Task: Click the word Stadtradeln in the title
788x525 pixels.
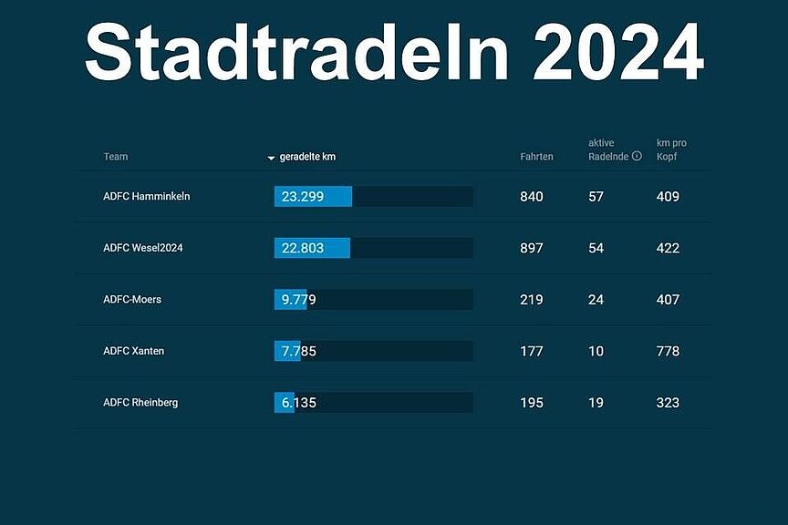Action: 297,52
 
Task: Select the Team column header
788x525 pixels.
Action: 116,157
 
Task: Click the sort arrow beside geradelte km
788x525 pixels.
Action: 271,158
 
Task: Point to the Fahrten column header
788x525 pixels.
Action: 536,157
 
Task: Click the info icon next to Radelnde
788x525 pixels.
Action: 637,156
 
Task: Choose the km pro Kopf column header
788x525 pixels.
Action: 671,149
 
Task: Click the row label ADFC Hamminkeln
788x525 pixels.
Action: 147,196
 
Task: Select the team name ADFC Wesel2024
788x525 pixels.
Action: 149,248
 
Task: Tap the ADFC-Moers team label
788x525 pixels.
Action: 132,299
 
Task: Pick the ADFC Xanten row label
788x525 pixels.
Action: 134,351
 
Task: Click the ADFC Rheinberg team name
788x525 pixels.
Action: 140,402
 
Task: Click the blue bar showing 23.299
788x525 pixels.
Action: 313,197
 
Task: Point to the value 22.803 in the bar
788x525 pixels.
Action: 302,248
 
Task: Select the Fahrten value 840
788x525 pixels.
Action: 532,197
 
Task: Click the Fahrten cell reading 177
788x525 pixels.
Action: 532,351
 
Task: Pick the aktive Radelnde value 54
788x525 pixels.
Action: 596,248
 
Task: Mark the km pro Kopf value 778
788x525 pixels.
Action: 669,351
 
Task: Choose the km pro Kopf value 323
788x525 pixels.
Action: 669,402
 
